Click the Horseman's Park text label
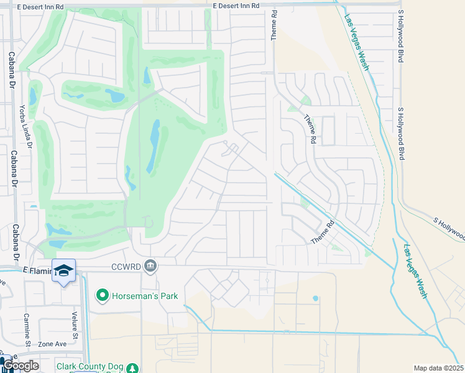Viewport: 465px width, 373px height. point(145,295)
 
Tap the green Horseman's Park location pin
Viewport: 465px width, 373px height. point(102,295)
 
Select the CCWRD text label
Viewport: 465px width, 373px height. point(128,267)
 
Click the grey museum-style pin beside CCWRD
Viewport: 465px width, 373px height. point(150,267)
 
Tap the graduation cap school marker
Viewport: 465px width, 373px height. point(63,270)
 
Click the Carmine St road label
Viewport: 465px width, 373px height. point(28,329)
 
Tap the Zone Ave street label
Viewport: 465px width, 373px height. point(52,344)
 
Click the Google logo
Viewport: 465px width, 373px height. point(20,366)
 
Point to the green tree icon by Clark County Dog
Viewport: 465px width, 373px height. point(132,367)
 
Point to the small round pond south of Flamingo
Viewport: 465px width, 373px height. point(315,298)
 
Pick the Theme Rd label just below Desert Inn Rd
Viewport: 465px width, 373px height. point(274,26)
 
